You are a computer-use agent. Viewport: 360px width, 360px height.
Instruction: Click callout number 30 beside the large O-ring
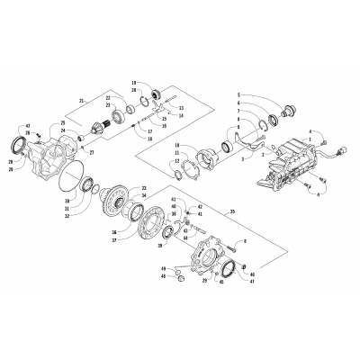[x=67, y=198]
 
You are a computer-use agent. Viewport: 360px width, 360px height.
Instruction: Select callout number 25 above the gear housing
[x=64, y=122]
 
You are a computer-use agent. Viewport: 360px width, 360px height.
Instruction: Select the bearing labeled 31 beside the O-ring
[x=91, y=185]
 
